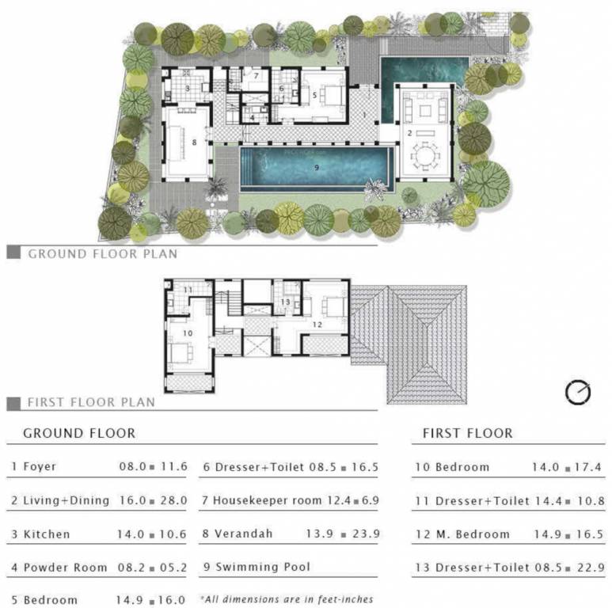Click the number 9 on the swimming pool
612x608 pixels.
tap(317, 167)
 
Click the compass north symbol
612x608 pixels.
tap(578, 393)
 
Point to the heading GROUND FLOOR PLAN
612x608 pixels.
tap(103, 254)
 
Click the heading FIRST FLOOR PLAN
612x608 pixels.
tap(91, 402)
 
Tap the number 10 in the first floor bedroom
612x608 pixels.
tap(188, 333)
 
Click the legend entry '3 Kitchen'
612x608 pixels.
tap(40, 534)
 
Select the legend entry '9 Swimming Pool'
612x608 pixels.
tap(257, 567)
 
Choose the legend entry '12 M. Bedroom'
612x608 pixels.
tap(462, 534)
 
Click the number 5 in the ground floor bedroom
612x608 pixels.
tap(314, 94)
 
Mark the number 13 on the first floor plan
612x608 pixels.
tap(285, 302)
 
